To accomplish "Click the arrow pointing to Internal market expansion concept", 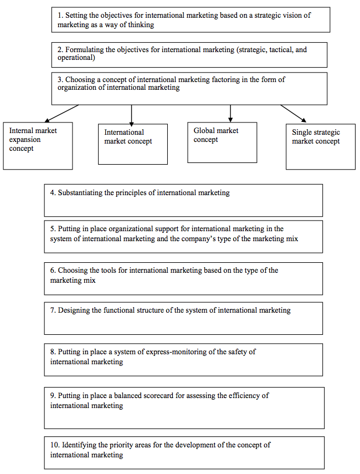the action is point(61,114).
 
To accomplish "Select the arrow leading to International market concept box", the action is point(131,115).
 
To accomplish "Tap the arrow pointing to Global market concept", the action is point(230,113).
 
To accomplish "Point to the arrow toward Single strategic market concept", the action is point(293,114).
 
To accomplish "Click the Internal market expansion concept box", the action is point(38,146).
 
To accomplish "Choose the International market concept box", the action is point(133,144).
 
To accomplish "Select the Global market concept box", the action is point(222,142).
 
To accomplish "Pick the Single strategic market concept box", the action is point(321,146).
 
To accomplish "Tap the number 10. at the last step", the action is point(55,445).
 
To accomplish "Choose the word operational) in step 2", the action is point(76,58).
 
